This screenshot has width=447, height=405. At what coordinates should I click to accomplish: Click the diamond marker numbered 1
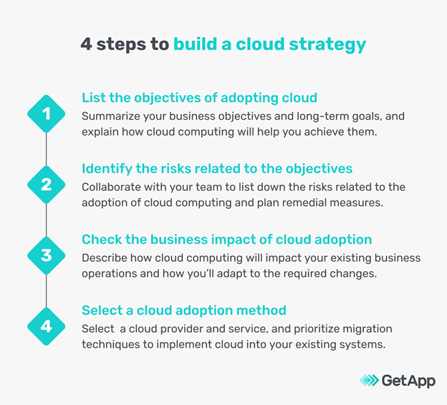click(47, 113)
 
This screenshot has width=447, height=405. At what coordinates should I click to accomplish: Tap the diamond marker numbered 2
click(47, 184)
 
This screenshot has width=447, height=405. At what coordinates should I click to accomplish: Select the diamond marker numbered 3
click(47, 255)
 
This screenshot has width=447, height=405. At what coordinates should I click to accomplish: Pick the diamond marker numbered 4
click(47, 326)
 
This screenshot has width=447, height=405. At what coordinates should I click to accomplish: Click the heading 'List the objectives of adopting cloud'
click(199, 97)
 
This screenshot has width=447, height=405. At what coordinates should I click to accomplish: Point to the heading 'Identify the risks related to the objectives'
click(217, 168)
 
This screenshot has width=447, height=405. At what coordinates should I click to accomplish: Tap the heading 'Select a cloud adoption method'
click(184, 310)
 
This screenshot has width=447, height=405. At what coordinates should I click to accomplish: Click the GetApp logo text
click(408, 381)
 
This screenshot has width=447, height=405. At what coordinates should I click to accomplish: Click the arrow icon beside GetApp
click(368, 381)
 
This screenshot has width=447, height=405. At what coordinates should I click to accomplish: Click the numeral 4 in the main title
click(86, 44)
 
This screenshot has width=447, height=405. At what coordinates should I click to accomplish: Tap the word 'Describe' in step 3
click(105, 257)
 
